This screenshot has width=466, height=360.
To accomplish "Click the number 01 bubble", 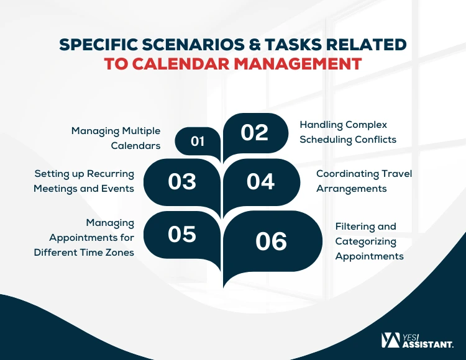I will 198,142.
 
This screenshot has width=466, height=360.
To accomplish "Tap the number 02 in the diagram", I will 254,133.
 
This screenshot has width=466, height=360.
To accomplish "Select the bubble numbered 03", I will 182,182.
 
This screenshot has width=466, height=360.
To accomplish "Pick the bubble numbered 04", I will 260,182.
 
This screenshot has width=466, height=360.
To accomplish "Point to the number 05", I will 182,234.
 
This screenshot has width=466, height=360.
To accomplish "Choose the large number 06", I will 271,241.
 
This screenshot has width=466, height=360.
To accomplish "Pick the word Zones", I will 120,253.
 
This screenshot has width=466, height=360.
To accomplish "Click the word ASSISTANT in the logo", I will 428,344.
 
